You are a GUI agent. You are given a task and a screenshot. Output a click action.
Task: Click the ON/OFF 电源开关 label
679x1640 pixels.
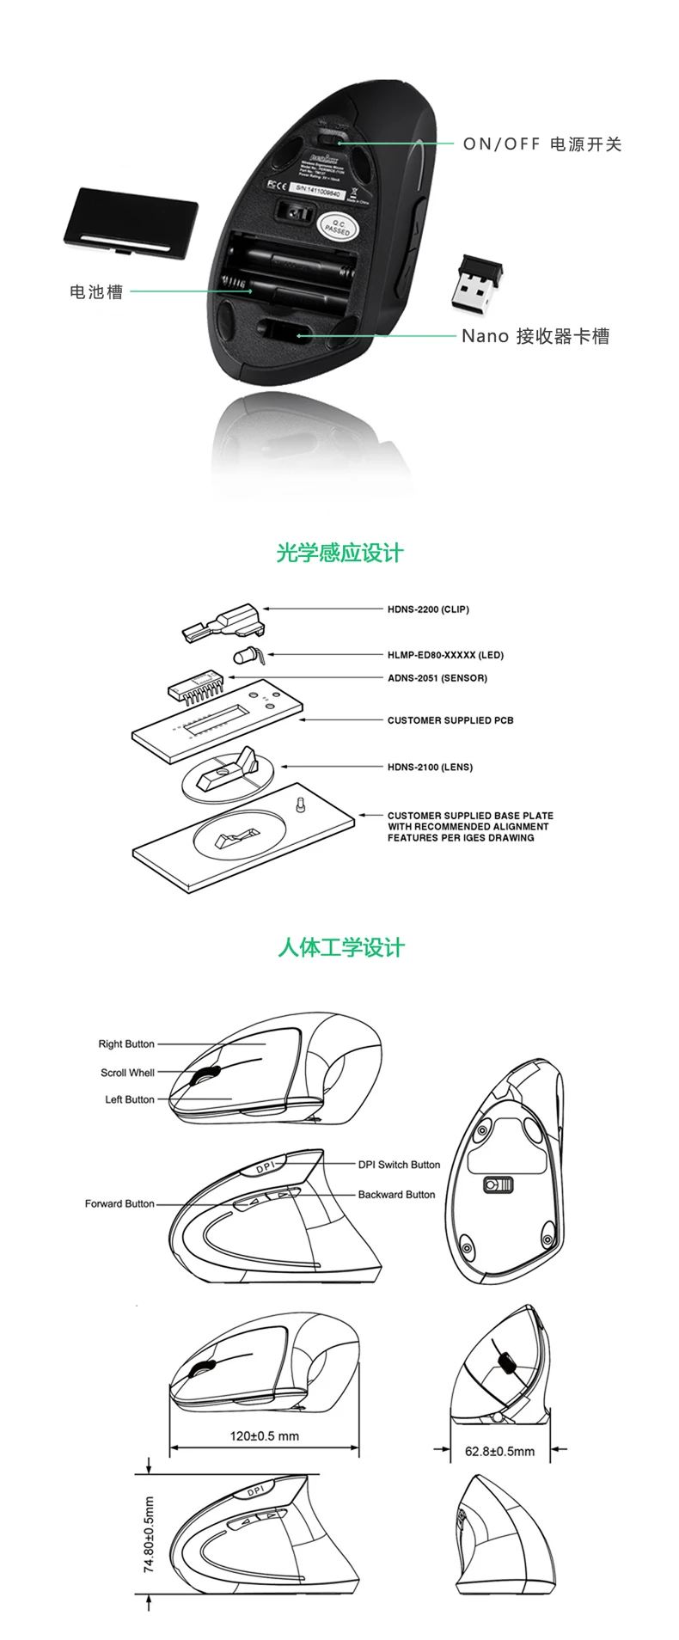coord(541,144)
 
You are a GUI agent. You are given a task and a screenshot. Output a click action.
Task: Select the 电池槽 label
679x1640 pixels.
coord(96,292)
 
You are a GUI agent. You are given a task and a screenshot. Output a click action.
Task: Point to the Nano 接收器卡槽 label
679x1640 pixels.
coord(535,336)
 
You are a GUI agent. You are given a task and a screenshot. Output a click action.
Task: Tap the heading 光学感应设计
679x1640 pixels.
coord(339,553)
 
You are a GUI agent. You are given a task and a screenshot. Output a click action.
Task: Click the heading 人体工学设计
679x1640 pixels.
coord(340,948)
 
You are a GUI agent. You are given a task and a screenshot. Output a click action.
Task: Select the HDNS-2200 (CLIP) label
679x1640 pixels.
coord(428,609)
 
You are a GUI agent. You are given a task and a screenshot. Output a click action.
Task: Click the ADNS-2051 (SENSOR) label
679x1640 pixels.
coord(437,678)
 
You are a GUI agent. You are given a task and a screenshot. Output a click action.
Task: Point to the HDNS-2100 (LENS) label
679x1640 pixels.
coord(430,767)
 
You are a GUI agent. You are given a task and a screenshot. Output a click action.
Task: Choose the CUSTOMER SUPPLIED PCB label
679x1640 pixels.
coord(450,720)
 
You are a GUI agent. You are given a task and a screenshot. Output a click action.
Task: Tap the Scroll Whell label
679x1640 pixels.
coord(127,1073)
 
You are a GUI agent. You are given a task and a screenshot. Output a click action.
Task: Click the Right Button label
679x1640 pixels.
coord(126,1044)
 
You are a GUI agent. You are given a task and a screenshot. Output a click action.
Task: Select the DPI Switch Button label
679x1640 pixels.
coord(399,1165)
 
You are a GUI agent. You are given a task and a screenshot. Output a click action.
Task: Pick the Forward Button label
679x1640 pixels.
coord(119,1203)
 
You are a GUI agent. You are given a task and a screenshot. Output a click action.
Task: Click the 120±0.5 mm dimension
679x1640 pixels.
coord(265,1435)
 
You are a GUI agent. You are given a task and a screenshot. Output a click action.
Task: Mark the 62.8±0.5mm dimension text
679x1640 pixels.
coord(499,1451)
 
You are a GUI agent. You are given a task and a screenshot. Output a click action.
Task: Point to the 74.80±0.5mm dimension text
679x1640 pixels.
coord(149,1534)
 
